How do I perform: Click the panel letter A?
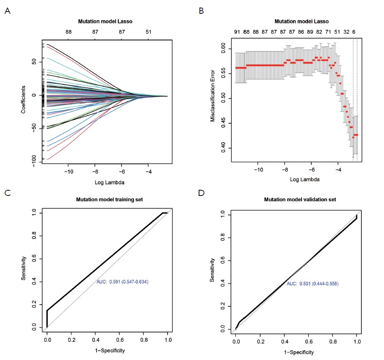click(x=7, y=11)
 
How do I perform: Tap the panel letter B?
click(x=202, y=11)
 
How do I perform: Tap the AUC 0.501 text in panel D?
click(x=312, y=283)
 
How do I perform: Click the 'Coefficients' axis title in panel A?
click(x=23, y=95)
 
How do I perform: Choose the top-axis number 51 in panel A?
click(x=148, y=32)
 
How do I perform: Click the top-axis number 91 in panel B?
click(x=238, y=32)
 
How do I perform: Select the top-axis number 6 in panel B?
click(x=353, y=32)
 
